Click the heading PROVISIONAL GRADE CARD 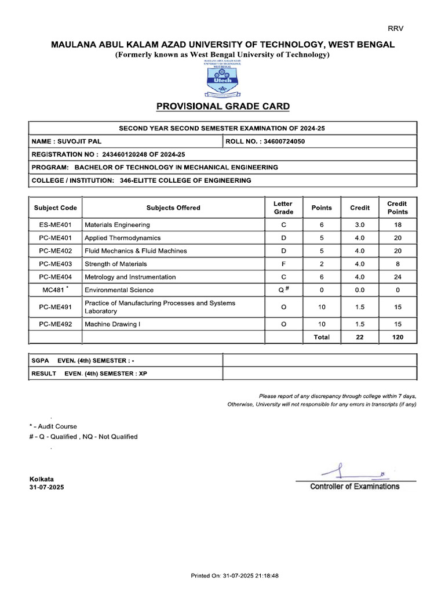tap(222, 107)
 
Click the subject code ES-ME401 tap(56, 224)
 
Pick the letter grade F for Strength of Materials tap(283, 264)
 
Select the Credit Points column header tap(397, 208)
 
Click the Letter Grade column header tap(283, 208)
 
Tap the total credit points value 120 tap(397, 337)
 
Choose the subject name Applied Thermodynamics tap(122, 238)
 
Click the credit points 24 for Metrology tap(397, 277)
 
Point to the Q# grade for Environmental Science tap(283, 289)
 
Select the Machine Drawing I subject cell tap(112, 324)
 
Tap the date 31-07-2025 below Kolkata tap(47, 488)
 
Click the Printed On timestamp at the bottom tap(235, 576)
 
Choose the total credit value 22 tap(359, 337)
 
